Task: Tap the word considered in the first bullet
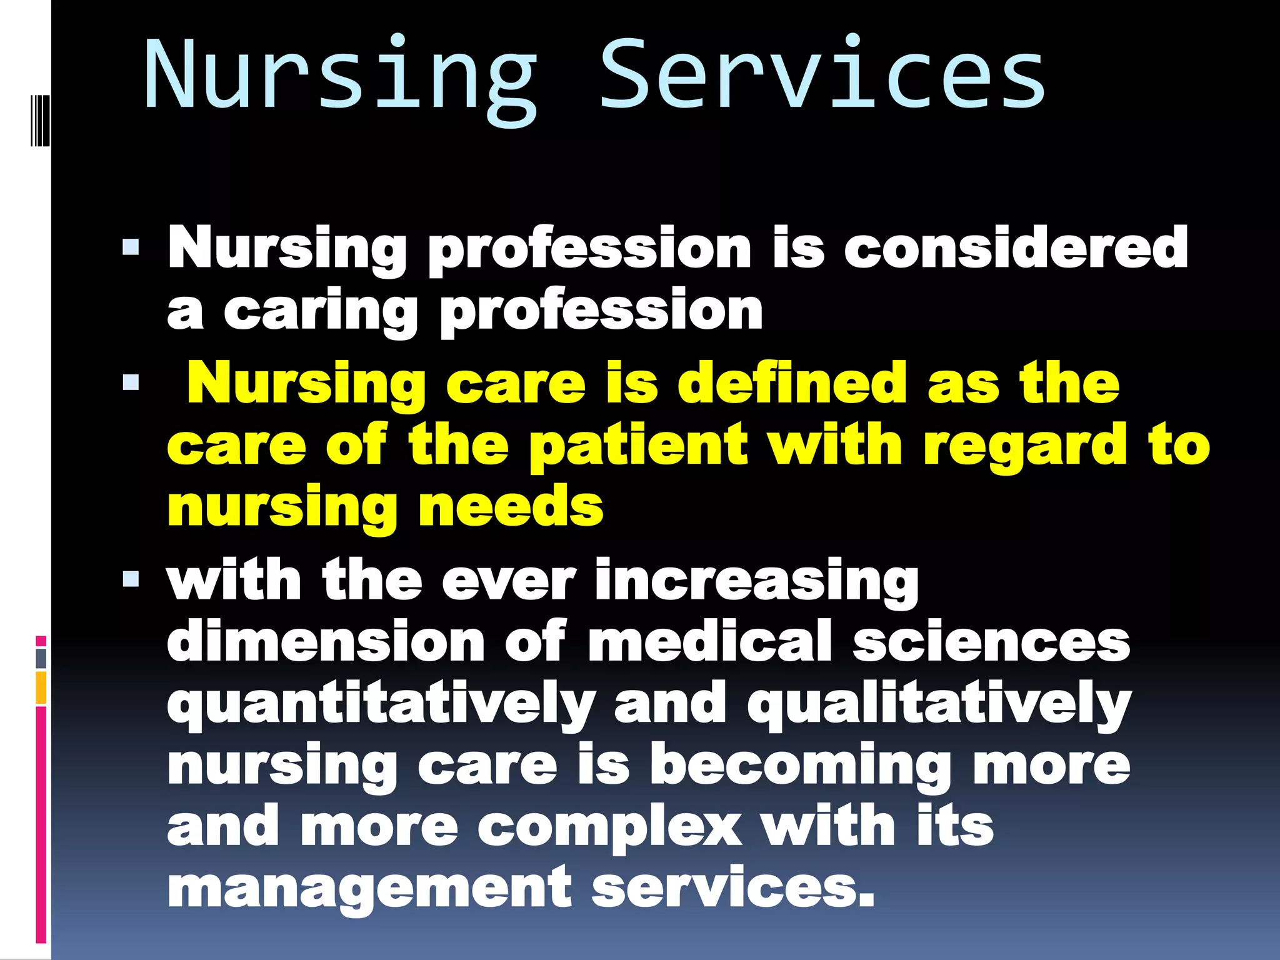(1016, 249)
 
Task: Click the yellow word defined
(792, 382)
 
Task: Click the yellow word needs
(511, 507)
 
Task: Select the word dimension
(326, 641)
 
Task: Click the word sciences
(991, 641)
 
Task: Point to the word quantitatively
(381, 705)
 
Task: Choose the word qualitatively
(939, 705)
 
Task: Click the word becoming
(801, 766)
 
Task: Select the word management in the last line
(369, 887)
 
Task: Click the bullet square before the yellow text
(131, 382)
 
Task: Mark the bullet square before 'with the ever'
(131, 579)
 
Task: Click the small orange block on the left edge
(41, 687)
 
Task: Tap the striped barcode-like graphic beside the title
(39, 120)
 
